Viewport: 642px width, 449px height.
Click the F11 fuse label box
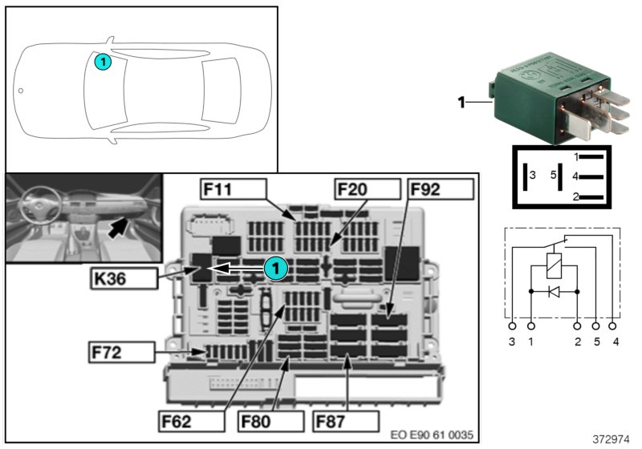coord(231,190)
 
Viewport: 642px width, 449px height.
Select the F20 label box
coord(366,190)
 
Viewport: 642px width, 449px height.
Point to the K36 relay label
coord(121,279)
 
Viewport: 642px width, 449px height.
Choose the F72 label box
coord(121,352)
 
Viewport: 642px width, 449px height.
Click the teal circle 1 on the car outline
coord(103,60)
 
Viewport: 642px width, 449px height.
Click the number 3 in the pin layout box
coord(533,175)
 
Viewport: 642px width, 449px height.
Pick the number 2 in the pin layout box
coord(575,196)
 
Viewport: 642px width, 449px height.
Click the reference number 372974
coord(612,439)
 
